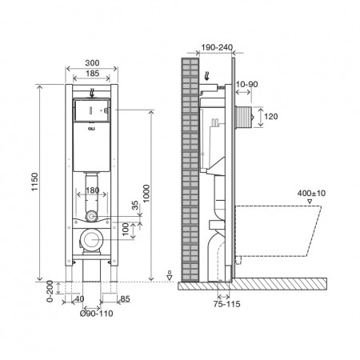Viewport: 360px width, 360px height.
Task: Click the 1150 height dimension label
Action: (23, 186)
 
